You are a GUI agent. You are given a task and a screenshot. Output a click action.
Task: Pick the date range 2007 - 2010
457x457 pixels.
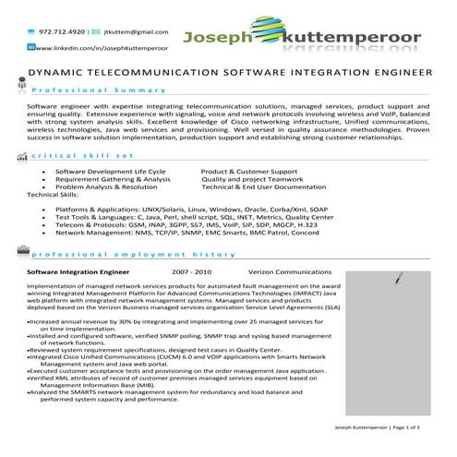click(x=191, y=273)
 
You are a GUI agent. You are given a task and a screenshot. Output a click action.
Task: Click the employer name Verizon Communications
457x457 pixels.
click(x=292, y=273)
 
